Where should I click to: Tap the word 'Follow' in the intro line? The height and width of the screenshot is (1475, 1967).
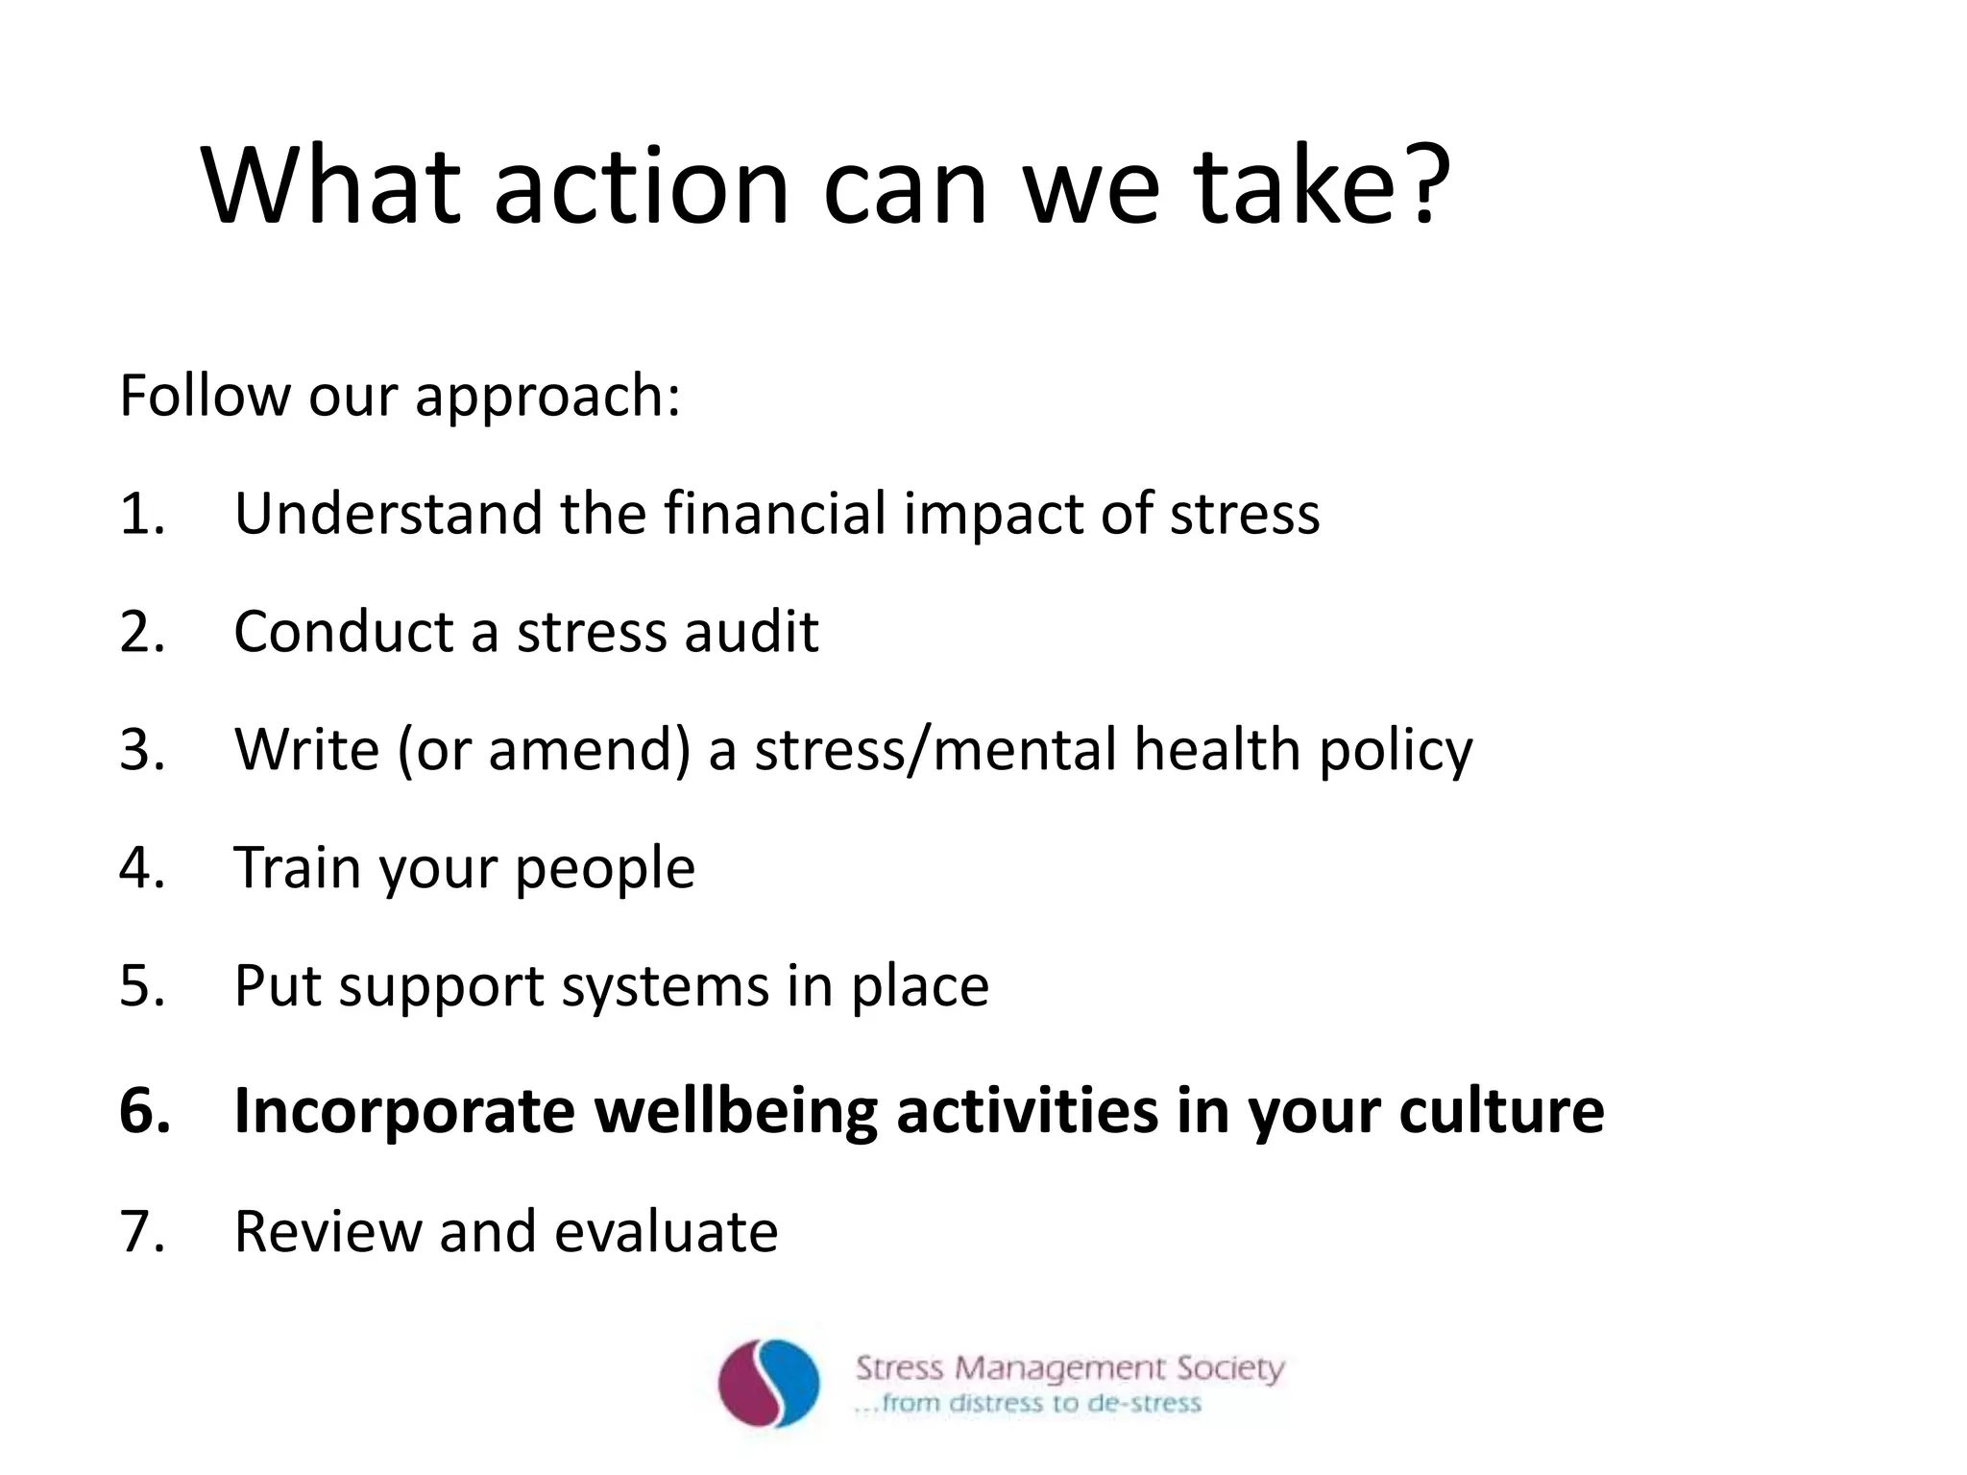205,395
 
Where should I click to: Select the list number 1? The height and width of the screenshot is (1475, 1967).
141,513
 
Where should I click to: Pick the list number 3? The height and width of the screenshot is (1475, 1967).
141,749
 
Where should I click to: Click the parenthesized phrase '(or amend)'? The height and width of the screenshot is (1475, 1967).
544,750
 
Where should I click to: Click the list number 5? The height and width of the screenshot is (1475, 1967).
141,986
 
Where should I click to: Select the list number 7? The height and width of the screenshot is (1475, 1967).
141,1230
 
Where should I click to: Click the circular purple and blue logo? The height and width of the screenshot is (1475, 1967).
768,1384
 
